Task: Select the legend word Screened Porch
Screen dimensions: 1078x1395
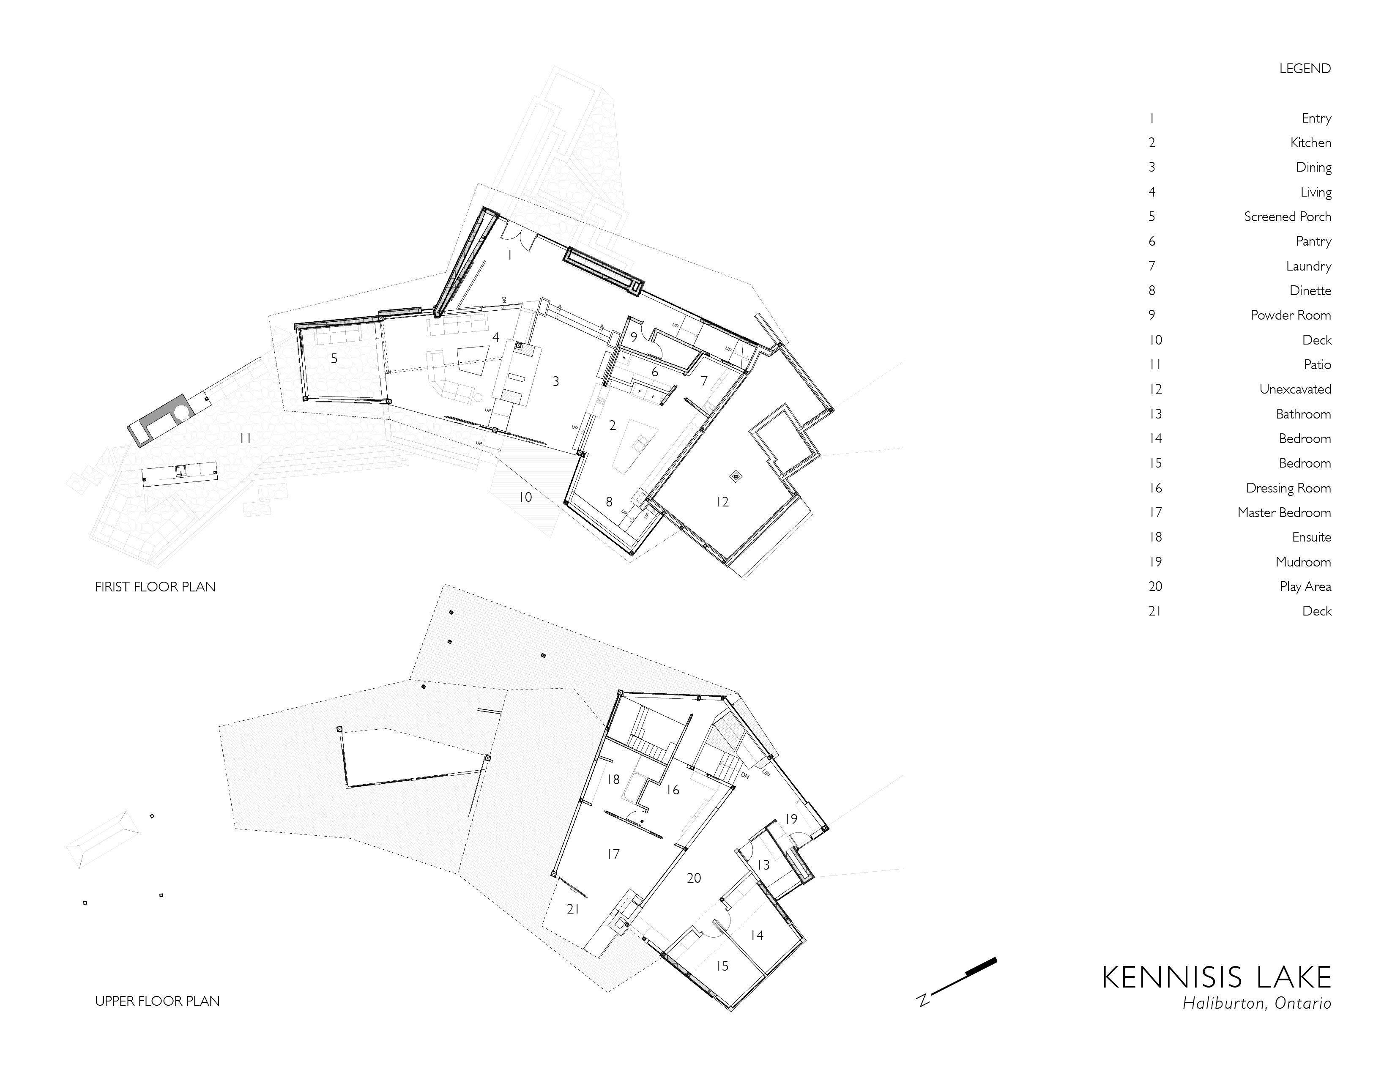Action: (1287, 216)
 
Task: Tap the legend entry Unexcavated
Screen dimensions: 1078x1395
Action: (1295, 389)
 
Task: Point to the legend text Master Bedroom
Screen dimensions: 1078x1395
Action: (1284, 512)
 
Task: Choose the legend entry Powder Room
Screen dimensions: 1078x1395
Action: (1290, 315)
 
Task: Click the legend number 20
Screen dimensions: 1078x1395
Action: (1155, 586)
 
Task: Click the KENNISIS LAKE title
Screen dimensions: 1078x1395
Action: (1216, 978)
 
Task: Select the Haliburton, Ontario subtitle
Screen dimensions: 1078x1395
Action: (1256, 1003)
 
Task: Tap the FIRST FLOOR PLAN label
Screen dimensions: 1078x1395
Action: (155, 586)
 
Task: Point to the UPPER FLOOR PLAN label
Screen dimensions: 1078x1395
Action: (157, 1001)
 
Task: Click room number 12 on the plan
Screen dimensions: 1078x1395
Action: (722, 502)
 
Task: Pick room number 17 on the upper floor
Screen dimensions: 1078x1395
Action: (613, 854)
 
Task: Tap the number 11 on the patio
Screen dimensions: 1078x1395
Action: (245, 438)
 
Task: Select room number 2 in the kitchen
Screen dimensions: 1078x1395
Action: (613, 425)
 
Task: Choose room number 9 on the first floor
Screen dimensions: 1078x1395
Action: (634, 337)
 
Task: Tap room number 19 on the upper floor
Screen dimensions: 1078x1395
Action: (791, 819)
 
